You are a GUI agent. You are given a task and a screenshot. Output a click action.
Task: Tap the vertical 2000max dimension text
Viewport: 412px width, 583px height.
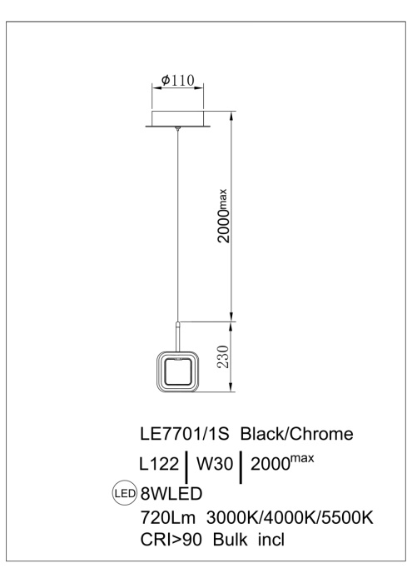click(x=223, y=215)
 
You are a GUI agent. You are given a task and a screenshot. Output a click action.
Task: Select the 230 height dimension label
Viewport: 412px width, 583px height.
click(x=222, y=359)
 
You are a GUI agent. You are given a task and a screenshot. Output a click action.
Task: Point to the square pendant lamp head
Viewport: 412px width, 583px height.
click(x=176, y=372)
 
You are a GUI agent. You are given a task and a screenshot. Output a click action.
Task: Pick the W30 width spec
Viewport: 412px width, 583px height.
click(x=216, y=462)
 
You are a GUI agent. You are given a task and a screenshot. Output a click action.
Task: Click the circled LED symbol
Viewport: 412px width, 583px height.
click(x=125, y=492)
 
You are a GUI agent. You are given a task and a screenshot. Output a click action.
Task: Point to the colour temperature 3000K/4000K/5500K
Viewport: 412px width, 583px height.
click(x=290, y=518)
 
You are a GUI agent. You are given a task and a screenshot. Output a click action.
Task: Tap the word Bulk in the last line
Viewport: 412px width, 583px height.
click(x=226, y=541)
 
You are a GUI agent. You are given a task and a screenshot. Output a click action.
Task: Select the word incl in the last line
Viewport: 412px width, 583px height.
click(x=270, y=541)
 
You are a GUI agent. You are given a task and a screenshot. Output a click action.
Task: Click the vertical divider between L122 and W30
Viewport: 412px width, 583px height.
click(x=188, y=466)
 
